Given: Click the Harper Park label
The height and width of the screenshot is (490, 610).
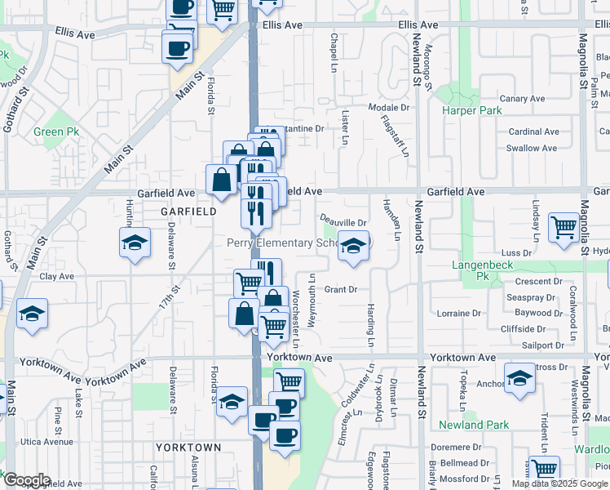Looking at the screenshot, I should point(469,110).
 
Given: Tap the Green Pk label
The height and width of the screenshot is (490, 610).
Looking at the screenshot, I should point(56,131).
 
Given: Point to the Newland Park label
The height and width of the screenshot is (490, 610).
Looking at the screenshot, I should point(474,425).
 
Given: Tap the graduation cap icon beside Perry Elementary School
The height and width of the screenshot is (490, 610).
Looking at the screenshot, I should point(352,246).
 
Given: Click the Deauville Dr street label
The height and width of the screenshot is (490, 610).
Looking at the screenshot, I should point(343,221).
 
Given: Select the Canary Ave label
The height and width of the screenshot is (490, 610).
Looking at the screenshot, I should point(523,99).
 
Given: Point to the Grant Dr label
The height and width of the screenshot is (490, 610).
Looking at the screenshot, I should point(341,289).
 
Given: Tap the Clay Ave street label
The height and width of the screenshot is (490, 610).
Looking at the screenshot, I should point(57,276).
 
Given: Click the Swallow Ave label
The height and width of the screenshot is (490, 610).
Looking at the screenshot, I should point(532,148).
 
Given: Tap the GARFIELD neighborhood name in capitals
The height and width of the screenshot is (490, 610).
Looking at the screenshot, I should point(188,211).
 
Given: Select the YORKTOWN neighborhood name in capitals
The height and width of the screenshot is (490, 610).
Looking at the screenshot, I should point(188,448).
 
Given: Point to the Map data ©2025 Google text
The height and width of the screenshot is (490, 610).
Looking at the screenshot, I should point(559,483).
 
